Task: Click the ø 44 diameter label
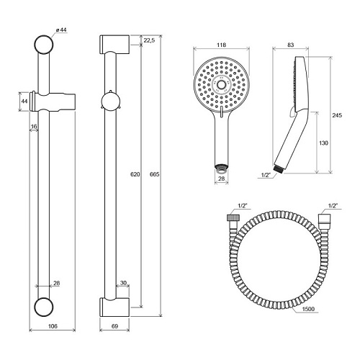[x=61, y=30]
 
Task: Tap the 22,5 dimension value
[x=149, y=40]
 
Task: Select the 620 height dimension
[x=135, y=174]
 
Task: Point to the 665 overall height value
[x=154, y=174]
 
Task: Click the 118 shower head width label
[x=221, y=45]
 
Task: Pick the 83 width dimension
[x=290, y=45]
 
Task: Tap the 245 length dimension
[x=337, y=115]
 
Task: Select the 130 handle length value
[x=323, y=143]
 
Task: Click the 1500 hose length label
[x=308, y=309]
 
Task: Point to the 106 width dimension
[x=53, y=326]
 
